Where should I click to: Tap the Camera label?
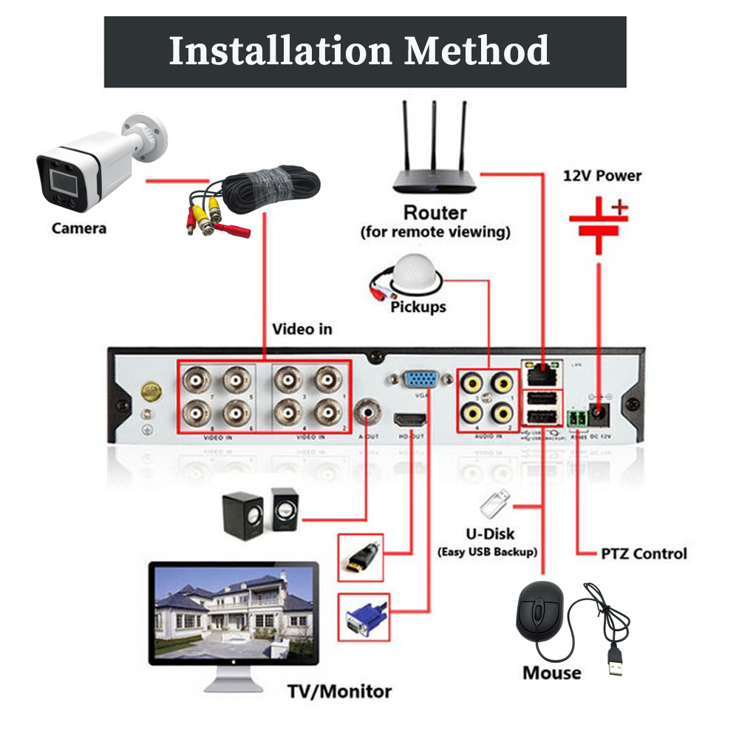(x=78, y=228)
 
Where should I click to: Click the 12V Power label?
(x=602, y=176)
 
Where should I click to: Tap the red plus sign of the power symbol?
(x=619, y=209)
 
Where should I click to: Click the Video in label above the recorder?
(x=302, y=329)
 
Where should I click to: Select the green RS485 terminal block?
(x=576, y=419)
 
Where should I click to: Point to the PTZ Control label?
(x=643, y=554)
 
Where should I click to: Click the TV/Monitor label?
(x=339, y=692)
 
